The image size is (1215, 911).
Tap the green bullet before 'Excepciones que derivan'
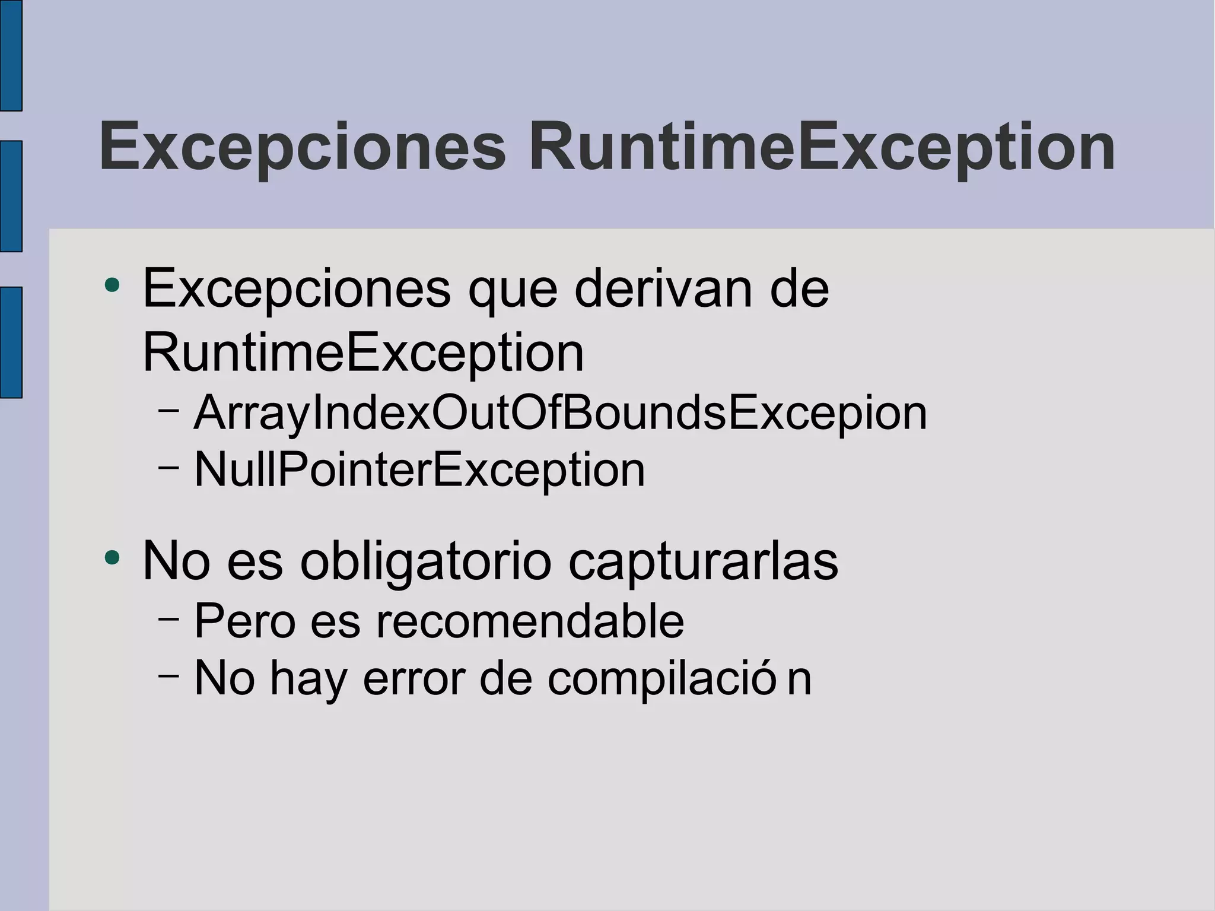[x=112, y=285]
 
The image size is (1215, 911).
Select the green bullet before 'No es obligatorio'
[x=112, y=557]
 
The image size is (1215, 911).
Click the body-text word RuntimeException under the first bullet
[x=363, y=354]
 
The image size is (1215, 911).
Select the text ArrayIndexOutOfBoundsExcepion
[x=560, y=413]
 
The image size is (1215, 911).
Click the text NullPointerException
[x=419, y=470]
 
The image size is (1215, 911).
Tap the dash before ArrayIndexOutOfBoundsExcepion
[x=169, y=410]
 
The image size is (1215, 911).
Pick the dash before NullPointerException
[x=169, y=466]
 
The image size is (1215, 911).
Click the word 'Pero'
[x=245, y=621]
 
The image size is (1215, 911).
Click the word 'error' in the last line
[x=414, y=678]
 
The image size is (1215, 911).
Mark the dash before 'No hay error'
[x=169, y=675]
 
